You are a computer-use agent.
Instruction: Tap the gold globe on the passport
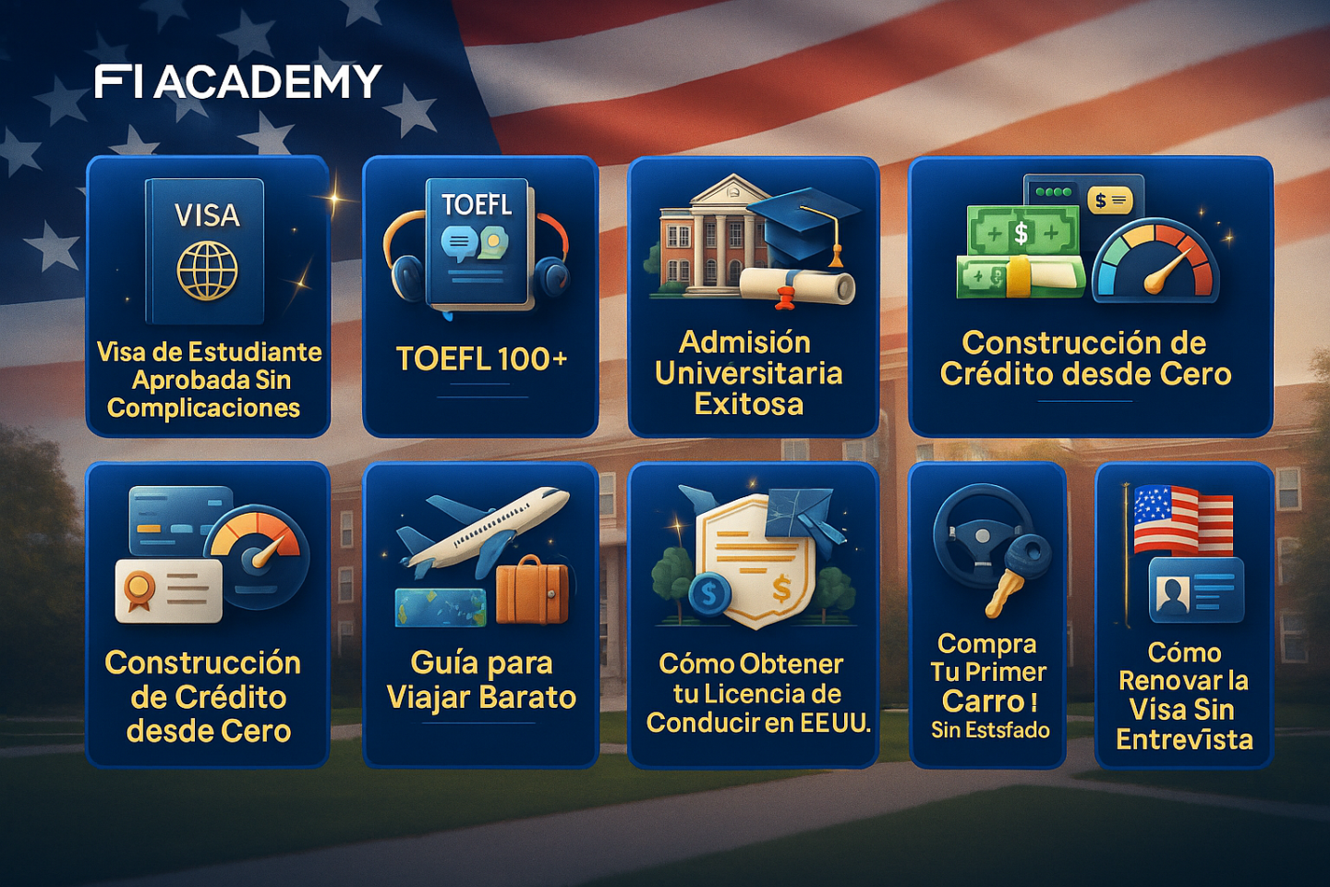click(207, 269)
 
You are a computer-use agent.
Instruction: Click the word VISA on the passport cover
click(207, 214)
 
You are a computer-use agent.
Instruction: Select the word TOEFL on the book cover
click(477, 205)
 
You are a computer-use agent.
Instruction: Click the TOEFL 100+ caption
click(481, 358)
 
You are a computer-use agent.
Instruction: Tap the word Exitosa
click(748, 405)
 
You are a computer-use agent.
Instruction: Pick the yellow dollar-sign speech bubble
click(1109, 200)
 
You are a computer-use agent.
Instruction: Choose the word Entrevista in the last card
click(1184, 739)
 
